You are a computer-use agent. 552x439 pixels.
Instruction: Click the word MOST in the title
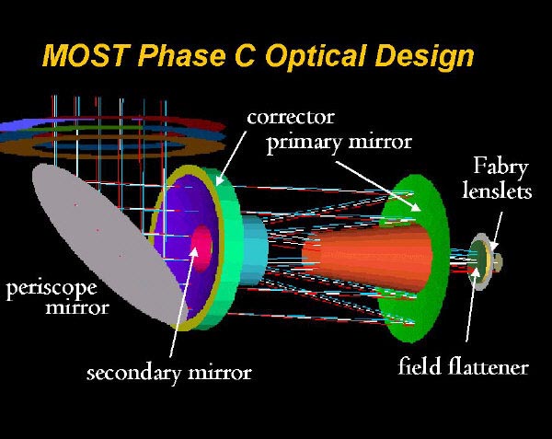coord(86,55)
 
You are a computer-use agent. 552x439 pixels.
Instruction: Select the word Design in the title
coord(425,57)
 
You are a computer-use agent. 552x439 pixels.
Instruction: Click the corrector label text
coord(291,118)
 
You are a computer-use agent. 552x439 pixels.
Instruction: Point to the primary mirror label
coord(339,144)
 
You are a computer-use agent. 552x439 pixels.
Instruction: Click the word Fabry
coord(500,167)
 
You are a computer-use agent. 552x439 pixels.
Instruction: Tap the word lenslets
coord(497,191)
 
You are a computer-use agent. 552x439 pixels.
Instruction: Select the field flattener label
coord(464,366)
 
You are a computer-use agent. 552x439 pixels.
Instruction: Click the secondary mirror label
coord(169,373)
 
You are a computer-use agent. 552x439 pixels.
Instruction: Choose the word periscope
coord(52,289)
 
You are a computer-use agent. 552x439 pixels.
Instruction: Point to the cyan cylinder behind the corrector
coord(254,250)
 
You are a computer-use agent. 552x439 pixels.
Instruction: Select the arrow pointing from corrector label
coord(231,158)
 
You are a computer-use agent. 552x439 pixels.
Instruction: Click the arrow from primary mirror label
coord(378,186)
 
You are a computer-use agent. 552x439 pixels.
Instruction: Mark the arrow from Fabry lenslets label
coord(497,231)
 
